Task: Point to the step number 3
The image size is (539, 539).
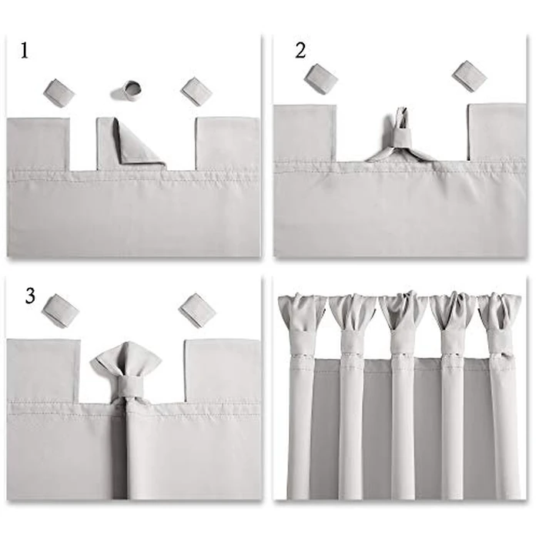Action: point(30,296)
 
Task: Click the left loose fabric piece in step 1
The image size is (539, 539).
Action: point(59,92)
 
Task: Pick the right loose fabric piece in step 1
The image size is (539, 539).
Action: point(196,90)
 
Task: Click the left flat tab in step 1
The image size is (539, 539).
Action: point(38,143)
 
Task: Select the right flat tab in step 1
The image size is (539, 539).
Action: point(227,143)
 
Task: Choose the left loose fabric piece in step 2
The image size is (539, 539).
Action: point(321,78)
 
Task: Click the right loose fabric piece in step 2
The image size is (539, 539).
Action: point(469,75)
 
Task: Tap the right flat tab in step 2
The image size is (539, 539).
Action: point(497,131)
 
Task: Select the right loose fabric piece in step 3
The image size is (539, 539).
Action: point(197,310)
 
